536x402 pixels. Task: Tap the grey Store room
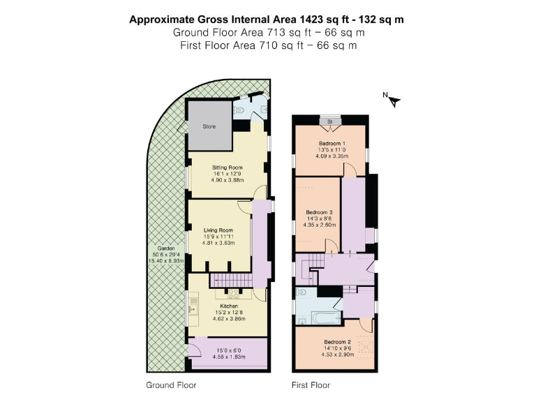pos(209,126)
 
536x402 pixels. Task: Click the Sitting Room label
pos(227,167)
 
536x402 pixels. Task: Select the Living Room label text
pos(218,230)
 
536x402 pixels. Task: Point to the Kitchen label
pos(229,306)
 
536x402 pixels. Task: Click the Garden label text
pos(165,248)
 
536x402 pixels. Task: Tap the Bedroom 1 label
pos(332,144)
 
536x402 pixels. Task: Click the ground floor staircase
pos(230,281)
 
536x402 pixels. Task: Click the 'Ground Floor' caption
pos(171,385)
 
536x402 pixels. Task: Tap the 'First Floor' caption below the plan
pos(311,385)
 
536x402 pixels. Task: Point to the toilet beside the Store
pos(240,110)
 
